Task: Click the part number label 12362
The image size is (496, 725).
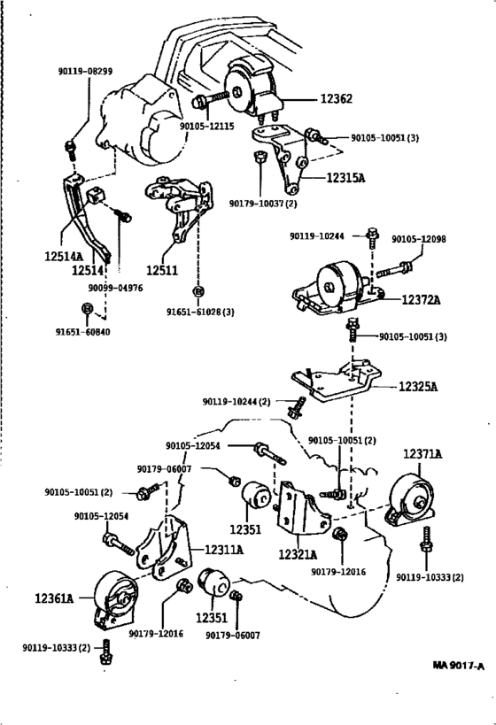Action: click(x=337, y=98)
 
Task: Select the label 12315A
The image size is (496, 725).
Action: click(x=345, y=178)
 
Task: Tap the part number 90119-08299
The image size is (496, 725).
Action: click(x=85, y=71)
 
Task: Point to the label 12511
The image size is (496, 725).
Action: click(x=162, y=270)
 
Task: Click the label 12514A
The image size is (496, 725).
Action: click(x=64, y=256)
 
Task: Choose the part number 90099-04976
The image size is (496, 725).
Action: click(x=116, y=288)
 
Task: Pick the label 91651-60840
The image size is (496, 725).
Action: click(x=83, y=332)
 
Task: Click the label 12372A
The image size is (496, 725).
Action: click(x=421, y=300)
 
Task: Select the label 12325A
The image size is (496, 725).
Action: click(x=418, y=386)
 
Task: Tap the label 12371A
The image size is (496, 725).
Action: click(x=422, y=454)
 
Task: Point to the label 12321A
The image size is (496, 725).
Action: click(x=298, y=554)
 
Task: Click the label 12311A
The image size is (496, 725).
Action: click(x=224, y=550)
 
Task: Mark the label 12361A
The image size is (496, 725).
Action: click(x=54, y=598)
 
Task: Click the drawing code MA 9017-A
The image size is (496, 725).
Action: click(x=459, y=666)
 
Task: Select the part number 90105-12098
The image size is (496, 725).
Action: click(x=419, y=239)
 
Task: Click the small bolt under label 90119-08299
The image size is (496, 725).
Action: click(x=70, y=150)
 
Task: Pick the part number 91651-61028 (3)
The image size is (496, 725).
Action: click(x=200, y=312)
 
